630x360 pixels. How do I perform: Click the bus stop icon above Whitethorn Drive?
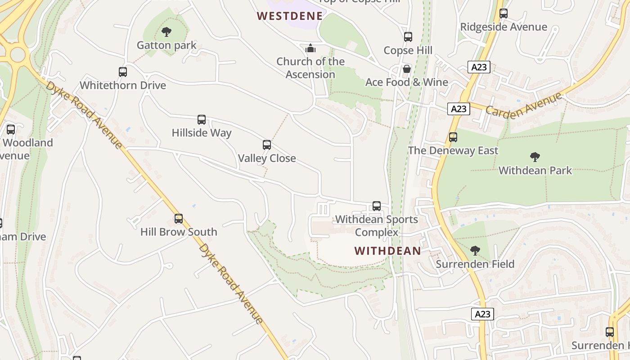point(122,72)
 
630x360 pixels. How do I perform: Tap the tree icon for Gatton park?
point(166,32)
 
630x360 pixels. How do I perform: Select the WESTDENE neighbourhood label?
point(290,16)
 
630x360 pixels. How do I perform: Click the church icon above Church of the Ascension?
point(310,48)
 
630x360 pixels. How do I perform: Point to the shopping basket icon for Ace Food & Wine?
point(407,69)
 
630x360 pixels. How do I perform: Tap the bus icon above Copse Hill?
point(408,37)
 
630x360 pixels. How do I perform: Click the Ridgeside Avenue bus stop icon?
point(504,13)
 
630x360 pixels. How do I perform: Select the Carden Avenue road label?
point(524,104)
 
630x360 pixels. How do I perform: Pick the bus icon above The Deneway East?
point(453,137)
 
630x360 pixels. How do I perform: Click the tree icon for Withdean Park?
point(535,157)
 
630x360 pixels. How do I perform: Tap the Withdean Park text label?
point(535,171)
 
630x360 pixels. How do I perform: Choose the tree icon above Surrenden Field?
point(475,251)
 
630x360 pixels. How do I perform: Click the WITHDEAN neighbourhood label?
point(387,251)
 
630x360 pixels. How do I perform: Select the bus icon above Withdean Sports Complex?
point(377,206)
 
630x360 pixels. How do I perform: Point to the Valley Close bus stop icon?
point(267,145)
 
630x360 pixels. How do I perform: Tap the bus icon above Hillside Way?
point(202,120)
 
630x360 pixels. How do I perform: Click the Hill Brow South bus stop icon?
point(179,219)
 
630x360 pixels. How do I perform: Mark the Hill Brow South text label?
point(179,232)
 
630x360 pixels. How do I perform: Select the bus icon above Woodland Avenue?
point(11,130)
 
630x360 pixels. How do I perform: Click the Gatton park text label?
point(166,45)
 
